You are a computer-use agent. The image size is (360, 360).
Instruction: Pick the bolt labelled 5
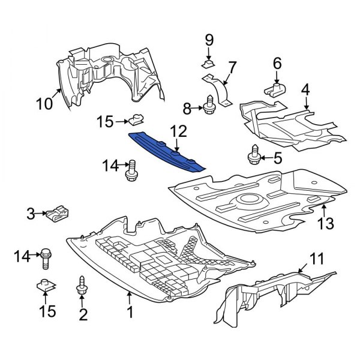pos(252,156)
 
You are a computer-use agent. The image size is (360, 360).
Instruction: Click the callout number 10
pos(44,104)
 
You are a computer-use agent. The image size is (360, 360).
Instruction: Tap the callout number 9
pos(209,40)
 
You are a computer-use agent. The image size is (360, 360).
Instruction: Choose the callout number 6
pos(277,62)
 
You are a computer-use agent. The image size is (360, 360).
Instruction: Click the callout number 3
pos(29,212)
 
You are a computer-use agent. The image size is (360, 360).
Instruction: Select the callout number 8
pos(187,109)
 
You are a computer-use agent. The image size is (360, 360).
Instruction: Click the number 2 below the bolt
pos(83,313)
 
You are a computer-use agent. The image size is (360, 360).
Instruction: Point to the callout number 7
pos(232,65)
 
